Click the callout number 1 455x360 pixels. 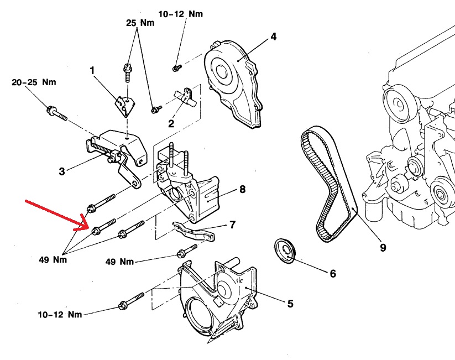click(93, 70)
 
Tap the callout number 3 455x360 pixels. click(62, 171)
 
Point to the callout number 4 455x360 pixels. click(273, 38)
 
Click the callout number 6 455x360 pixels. click(332, 273)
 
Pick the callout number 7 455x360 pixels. click(232, 225)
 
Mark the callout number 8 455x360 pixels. click(242, 189)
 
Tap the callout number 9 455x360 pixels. click(383, 247)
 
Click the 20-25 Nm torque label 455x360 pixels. click(34, 83)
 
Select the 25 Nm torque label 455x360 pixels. click(139, 24)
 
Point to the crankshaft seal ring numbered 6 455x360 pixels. click(286, 252)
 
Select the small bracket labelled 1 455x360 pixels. click(124, 105)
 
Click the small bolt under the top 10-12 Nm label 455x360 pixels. click(177, 67)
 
